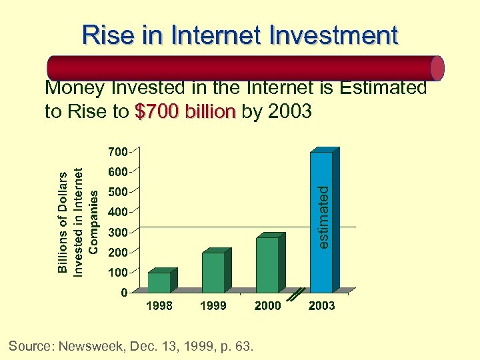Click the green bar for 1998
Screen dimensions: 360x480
pos(159,282)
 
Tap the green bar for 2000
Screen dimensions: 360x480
pos(267,265)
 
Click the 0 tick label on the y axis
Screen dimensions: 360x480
pos(124,293)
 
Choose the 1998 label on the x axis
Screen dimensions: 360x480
pos(159,306)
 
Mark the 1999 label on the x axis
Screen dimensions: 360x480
pos(213,306)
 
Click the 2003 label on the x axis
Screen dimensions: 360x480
pos(321,306)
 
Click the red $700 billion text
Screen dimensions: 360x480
pos(185,111)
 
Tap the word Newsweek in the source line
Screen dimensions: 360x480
pos(89,346)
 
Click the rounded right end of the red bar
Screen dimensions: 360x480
pos(437,68)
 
